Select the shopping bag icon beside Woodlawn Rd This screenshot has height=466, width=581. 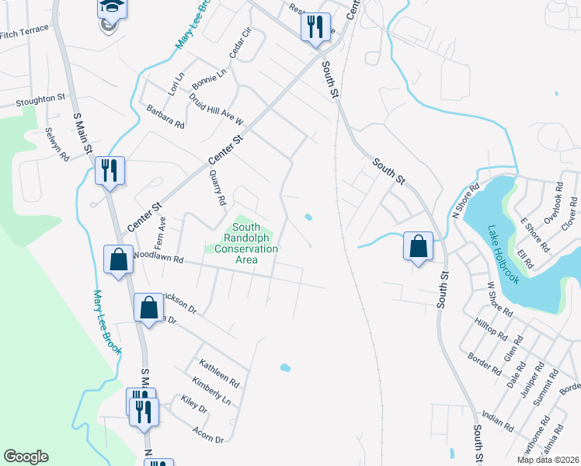118,259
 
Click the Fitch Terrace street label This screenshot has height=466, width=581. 24,32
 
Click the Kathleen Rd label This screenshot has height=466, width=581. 218,373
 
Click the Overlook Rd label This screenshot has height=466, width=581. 556,204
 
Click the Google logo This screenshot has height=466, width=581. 26,457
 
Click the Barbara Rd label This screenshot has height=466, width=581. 165,116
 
